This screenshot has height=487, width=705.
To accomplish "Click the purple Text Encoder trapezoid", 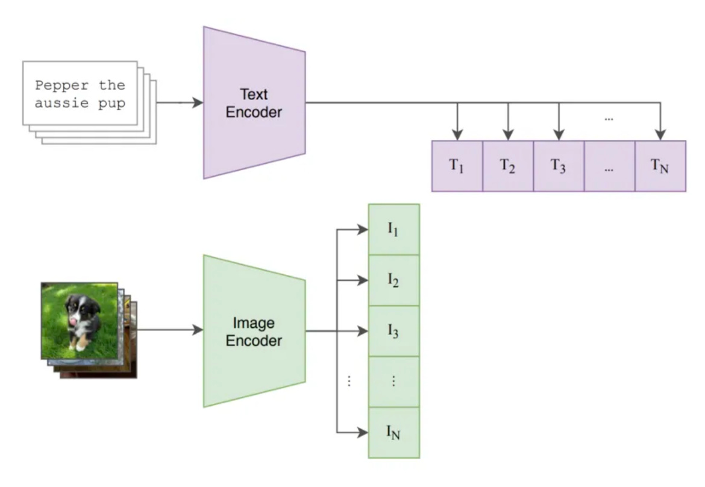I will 254,102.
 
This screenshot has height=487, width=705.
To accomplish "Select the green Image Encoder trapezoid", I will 254,331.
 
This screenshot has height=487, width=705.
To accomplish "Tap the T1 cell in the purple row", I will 457,166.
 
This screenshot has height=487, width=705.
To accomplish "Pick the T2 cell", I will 508,166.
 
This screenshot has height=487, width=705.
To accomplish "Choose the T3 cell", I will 559,166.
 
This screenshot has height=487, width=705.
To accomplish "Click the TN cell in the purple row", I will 660,166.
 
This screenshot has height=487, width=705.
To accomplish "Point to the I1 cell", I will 393,230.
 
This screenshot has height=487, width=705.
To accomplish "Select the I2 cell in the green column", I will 393,280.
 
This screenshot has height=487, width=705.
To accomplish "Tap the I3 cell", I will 393,331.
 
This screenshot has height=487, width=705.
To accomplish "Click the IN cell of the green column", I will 393,432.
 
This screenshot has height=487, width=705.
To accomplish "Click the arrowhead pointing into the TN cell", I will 661,135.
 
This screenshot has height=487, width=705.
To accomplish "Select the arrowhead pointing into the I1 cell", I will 363,230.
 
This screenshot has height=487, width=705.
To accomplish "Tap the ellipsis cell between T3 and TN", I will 609,166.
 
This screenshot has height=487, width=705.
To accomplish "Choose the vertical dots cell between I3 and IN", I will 393,382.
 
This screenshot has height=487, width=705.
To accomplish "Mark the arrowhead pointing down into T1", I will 458,135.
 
